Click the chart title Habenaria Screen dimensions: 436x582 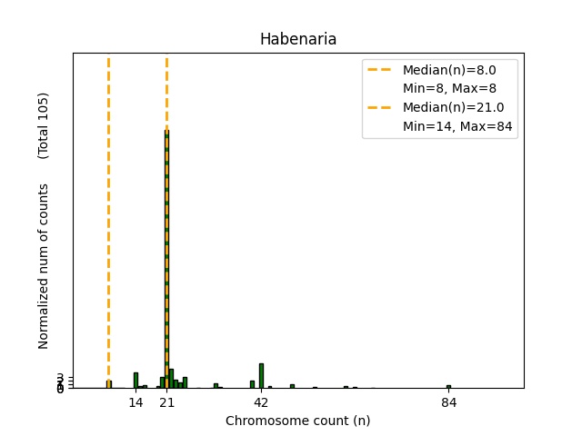pos(298,39)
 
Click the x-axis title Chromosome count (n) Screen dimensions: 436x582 pos(298,421)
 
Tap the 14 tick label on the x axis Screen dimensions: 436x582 pos(135,402)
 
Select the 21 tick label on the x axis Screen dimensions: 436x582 pos(166,402)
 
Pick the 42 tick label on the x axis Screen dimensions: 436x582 pos(261,402)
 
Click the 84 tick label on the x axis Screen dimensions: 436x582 pos(448,402)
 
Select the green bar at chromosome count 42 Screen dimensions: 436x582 pos(261,376)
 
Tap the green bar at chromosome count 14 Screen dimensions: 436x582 pos(135,381)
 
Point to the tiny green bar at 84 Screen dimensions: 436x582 pos(448,386)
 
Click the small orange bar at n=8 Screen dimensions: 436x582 pos(109,384)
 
